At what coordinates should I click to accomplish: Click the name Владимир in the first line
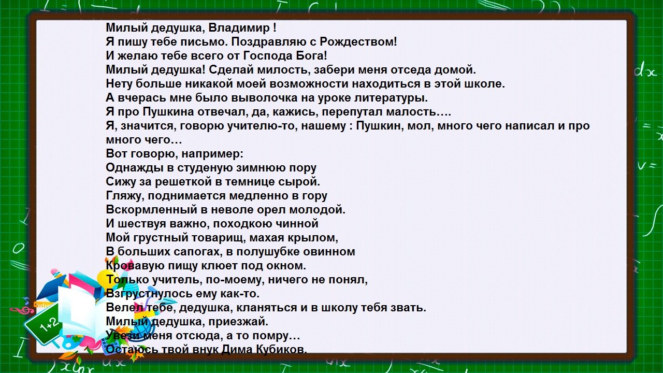[239, 28]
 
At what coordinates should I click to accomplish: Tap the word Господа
[268, 56]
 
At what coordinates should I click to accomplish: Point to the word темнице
[250, 182]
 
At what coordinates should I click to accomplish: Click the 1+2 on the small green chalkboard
[49, 325]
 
